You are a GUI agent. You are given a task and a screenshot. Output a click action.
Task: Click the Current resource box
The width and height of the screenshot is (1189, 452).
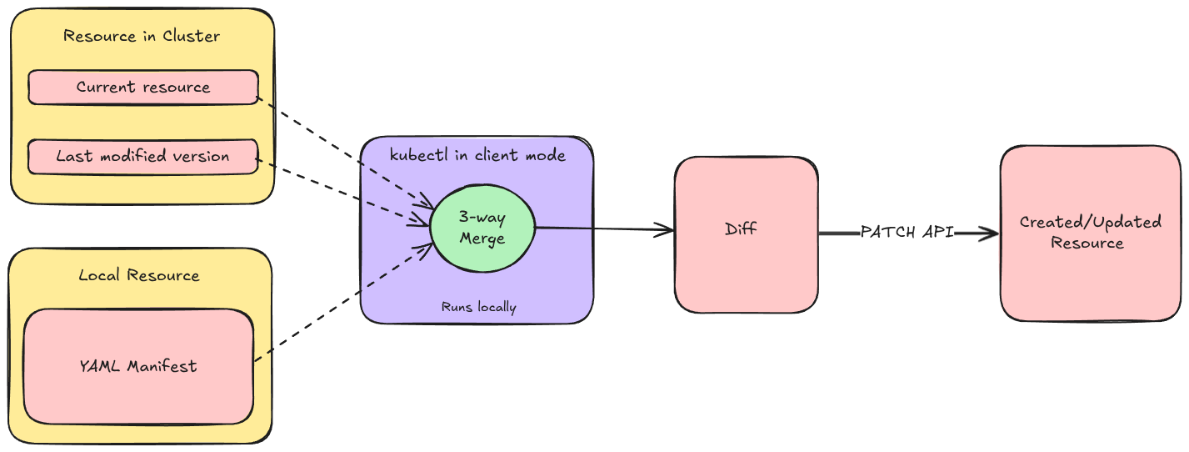coord(142,87)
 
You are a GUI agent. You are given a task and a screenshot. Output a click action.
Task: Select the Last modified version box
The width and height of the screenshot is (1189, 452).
coord(142,156)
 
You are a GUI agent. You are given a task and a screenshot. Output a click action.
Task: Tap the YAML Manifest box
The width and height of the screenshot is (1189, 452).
coord(138,366)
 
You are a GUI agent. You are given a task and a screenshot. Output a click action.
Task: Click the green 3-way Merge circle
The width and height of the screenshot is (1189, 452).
coord(482,228)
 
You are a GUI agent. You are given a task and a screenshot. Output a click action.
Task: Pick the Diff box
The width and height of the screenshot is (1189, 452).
coord(745,234)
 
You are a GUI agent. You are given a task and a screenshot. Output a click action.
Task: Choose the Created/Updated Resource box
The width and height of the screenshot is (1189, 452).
coord(1089,234)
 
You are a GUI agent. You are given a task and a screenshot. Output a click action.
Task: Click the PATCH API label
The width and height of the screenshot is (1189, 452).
coord(907,233)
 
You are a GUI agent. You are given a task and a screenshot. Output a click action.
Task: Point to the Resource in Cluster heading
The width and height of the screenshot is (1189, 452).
coord(142,36)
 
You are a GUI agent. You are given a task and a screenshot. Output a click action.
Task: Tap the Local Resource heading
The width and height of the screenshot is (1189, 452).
coord(139,275)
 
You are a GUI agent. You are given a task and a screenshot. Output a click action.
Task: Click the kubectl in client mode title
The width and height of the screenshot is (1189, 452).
coord(477,155)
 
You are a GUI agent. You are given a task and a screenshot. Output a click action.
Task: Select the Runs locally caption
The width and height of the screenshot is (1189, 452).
coord(478,308)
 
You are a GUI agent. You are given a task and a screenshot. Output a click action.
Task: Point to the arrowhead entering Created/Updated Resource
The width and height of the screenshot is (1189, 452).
coord(990,234)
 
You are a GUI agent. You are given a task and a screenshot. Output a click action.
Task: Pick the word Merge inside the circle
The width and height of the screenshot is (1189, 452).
coord(482,238)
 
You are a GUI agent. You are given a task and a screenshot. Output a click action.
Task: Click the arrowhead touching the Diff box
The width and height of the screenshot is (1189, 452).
coord(665,230)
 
